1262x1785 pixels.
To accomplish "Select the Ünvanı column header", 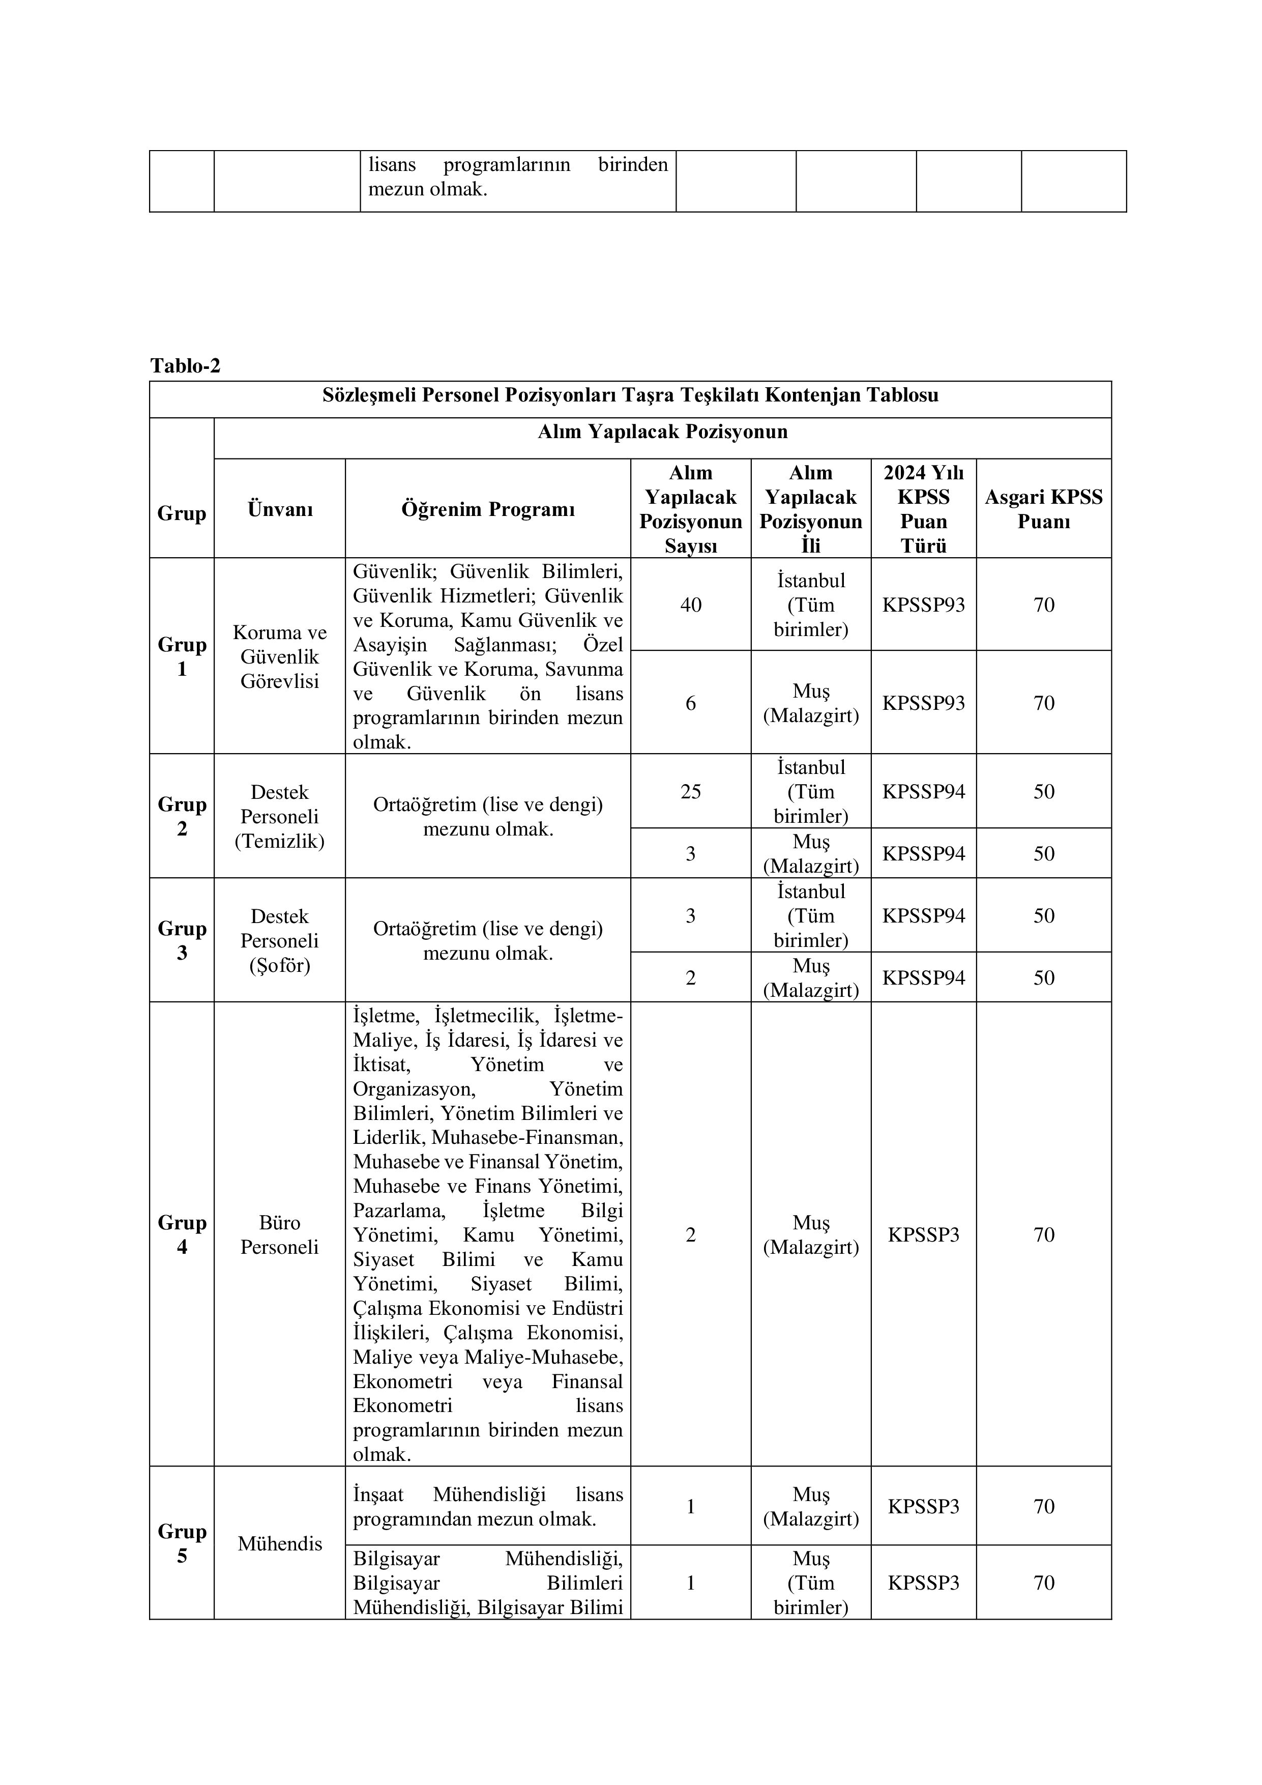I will [x=280, y=509].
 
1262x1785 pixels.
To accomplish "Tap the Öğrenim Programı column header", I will [x=488, y=509].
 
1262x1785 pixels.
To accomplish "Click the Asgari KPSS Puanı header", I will [x=1044, y=509].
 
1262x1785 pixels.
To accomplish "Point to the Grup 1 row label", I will [x=182, y=656].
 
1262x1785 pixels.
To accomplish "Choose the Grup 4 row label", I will [x=182, y=1234].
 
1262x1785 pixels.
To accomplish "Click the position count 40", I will [x=691, y=605].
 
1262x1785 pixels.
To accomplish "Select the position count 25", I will [x=691, y=791].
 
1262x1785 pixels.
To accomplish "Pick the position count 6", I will [x=691, y=703].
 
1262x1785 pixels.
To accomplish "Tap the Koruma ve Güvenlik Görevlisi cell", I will [x=280, y=656].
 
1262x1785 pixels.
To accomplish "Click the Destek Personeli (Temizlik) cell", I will [x=280, y=816].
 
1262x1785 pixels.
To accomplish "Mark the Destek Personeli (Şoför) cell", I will [x=280, y=941].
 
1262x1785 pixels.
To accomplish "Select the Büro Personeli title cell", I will [x=280, y=1234].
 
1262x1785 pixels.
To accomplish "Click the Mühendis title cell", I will [x=280, y=1543].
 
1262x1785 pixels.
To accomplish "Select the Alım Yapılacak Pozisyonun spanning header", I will [x=662, y=431].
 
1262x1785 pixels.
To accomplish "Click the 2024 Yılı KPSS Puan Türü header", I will [x=923, y=509].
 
